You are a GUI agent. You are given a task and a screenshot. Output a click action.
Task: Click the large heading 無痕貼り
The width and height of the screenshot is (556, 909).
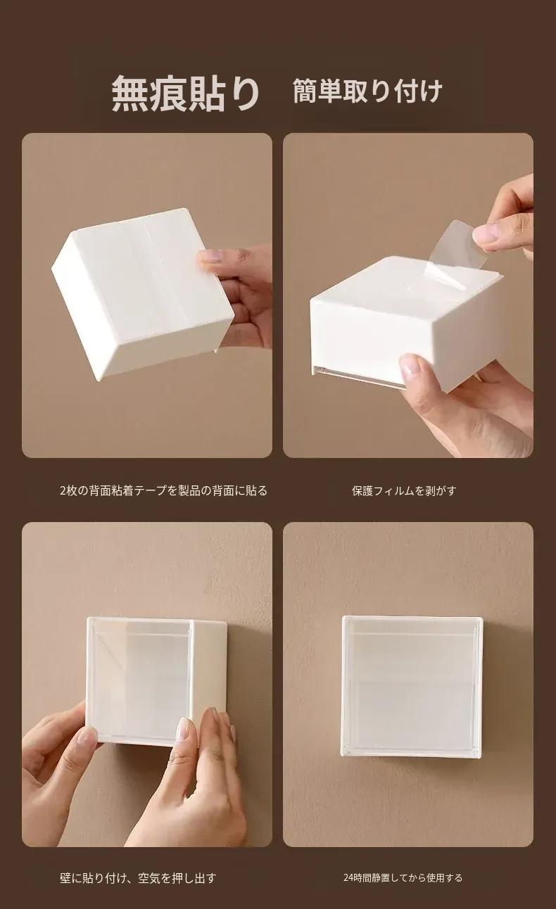186,93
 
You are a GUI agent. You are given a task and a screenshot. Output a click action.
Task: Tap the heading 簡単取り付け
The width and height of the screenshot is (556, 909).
367,91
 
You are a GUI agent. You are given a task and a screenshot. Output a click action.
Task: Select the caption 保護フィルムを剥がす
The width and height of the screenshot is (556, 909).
404,490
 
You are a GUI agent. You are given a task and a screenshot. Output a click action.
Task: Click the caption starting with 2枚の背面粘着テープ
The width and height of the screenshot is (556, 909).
163,490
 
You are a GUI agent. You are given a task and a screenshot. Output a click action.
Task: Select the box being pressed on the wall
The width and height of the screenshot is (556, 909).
156,682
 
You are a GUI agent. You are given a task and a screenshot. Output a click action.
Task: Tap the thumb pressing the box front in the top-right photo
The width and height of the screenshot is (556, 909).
414,367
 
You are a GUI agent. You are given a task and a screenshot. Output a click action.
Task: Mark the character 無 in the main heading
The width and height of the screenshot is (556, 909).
129,94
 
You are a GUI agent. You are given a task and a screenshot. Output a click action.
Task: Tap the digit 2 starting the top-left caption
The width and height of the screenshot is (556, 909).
63,491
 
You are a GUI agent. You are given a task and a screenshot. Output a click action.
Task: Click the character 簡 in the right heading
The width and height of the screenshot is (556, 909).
305,91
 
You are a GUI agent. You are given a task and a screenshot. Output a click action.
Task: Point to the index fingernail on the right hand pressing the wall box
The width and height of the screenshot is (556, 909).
184,725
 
